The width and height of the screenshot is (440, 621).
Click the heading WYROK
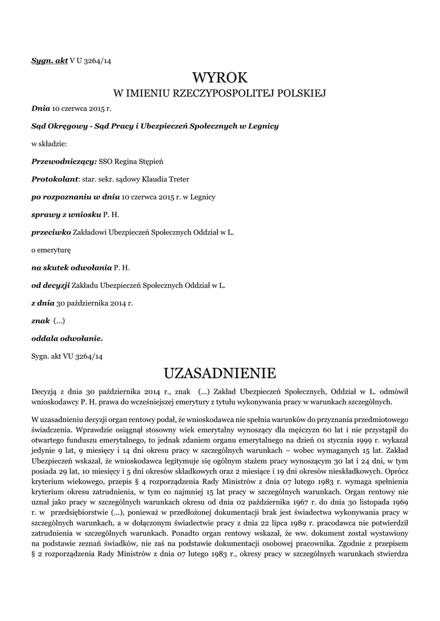click(220, 78)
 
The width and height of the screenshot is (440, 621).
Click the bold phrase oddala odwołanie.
click(67, 338)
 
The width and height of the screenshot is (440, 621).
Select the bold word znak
click(40, 320)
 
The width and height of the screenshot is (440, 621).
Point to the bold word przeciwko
click(51, 232)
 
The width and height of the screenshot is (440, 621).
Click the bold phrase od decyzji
click(50, 284)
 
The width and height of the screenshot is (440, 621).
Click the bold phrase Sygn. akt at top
click(49, 61)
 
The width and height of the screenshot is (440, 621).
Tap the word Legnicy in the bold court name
click(262, 126)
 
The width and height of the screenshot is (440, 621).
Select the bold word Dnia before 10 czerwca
click(40, 109)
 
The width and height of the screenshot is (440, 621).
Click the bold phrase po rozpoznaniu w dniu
click(76, 197)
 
